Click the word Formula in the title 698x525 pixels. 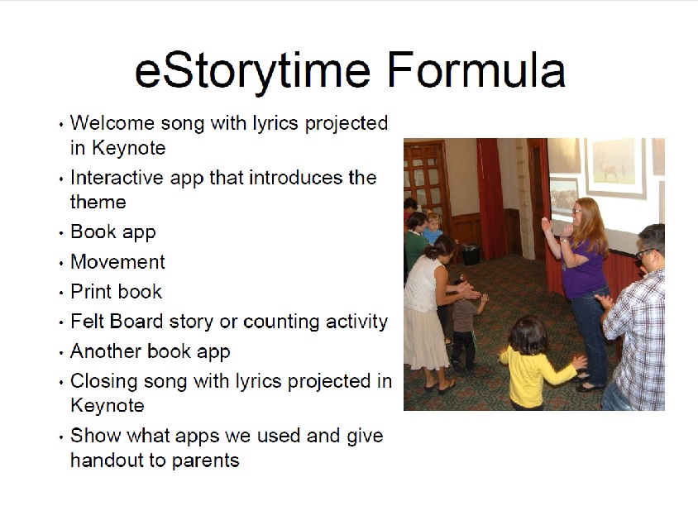click(476, 69)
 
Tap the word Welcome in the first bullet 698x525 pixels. click(112, 123)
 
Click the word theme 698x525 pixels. click(98, 202)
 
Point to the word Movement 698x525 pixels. click(118, 261)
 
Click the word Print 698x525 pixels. click(88, 291)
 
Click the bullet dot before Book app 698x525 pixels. click(61, 233)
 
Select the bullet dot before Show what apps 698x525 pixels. click(61, 437)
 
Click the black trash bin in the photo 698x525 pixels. click(471, 255)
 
